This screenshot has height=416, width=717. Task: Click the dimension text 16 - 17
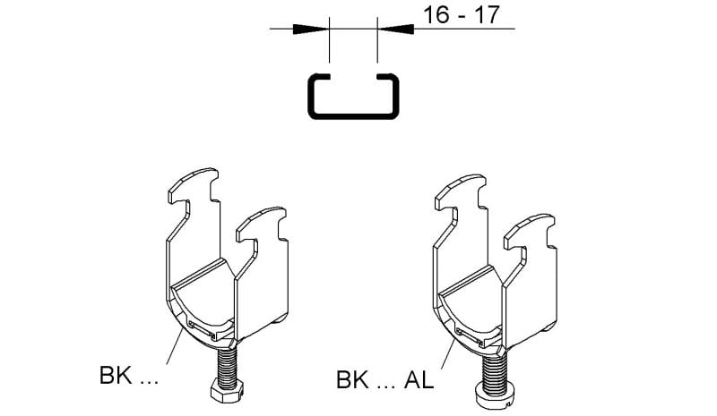coord(461,15)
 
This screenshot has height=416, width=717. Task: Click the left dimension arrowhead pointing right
coord(311,29)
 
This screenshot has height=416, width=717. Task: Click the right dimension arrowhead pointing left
coord(395,29)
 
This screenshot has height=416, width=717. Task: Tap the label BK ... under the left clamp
coord(128,376)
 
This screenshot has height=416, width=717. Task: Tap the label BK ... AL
coord(384,380)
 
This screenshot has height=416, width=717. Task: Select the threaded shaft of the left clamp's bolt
coord(227,362)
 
